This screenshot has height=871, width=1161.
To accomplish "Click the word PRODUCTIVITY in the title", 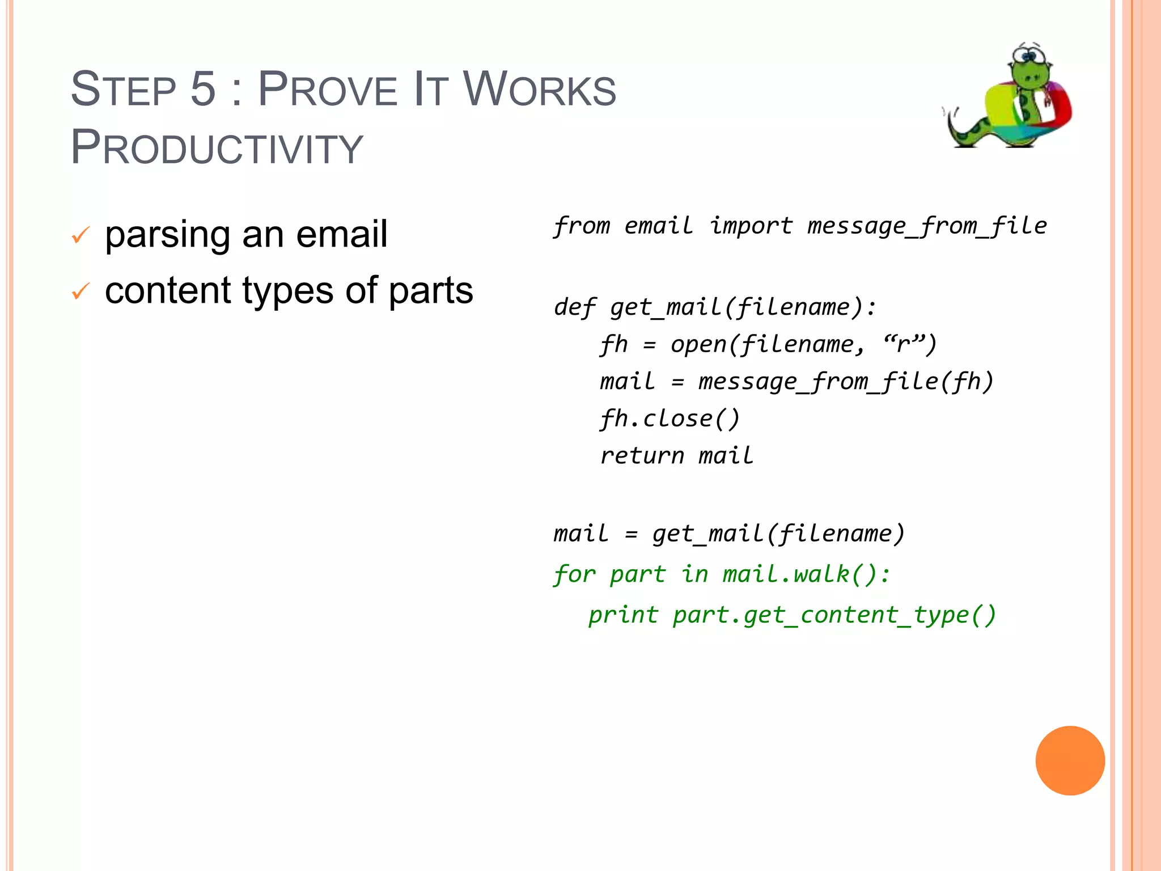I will (x=217, y=147).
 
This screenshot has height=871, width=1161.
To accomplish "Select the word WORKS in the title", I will (x=539, y=90).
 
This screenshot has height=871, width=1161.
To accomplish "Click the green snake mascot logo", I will (x=1009, y=96).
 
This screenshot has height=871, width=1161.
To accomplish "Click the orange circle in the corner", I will (x=1070, y=760).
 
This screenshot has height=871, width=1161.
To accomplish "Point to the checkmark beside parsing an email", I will (x=80, y=234).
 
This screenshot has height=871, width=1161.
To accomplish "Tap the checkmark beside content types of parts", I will (x=80, y=291).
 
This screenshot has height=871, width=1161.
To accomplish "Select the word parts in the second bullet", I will (x=430, y=290).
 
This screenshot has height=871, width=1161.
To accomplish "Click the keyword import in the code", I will (x=751, y=226).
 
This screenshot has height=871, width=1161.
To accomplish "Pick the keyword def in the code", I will (x=574, y=307).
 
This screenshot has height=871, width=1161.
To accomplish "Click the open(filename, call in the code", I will (x=768, y=344).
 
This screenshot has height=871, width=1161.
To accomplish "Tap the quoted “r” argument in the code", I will (x=910, y=343).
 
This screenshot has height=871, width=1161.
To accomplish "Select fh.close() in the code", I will (x=670, y=418).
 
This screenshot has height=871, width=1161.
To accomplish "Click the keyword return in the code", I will (x=642, y=456).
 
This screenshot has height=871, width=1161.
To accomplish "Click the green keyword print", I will (x=623, y=615).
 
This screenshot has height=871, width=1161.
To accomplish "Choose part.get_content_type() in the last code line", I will (x=834, y=615).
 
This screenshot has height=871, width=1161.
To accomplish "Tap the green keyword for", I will (x=574, y=574).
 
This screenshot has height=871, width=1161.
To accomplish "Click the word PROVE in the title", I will (x=327, y=90).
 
